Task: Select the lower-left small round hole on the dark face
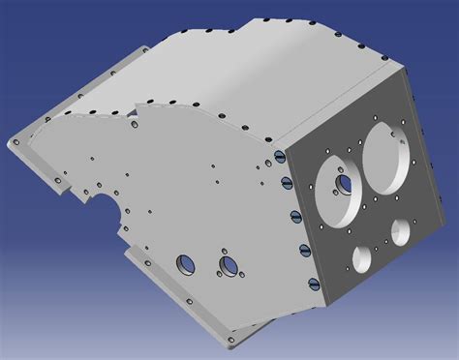[362, 257]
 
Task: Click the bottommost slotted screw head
[313, 283]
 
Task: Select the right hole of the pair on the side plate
[229, 264]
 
